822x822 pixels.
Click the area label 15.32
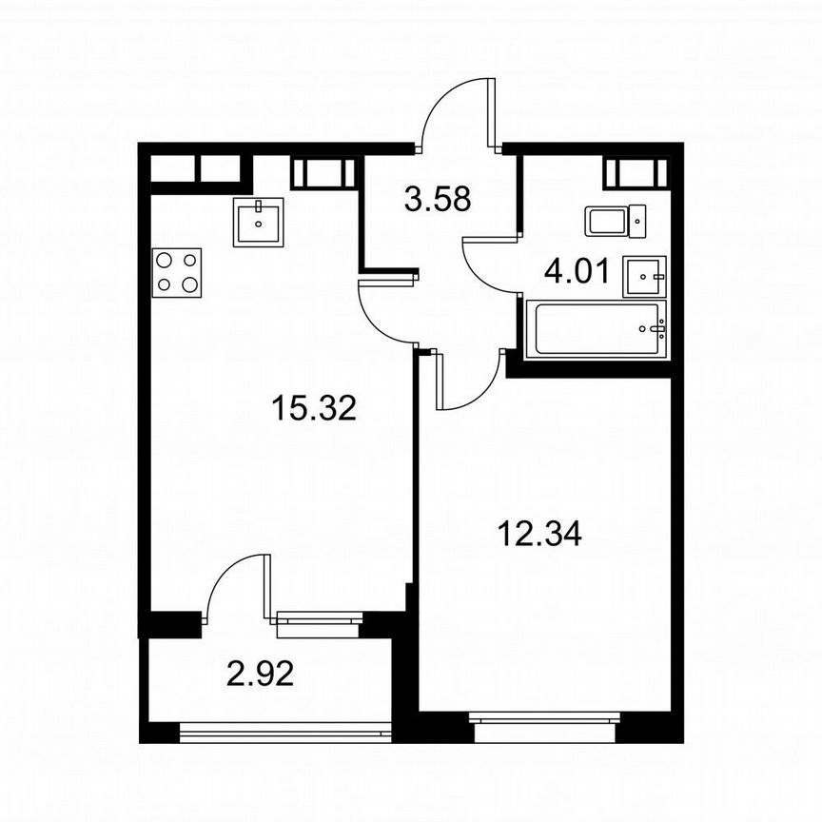coord(313,409)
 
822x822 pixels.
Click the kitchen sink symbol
coord(258,222)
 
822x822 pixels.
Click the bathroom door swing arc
coord(487,272)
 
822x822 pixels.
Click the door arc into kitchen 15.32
coord(385,314)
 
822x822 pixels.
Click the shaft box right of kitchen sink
coord(323,173)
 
